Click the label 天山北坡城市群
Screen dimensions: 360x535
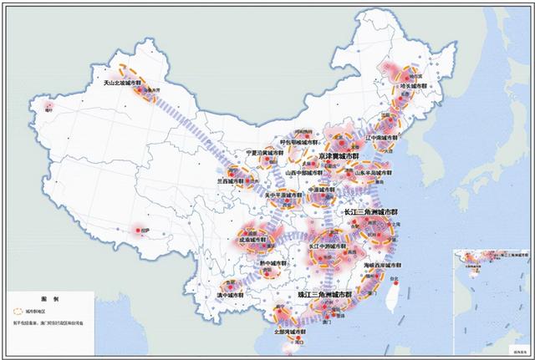(123, 83)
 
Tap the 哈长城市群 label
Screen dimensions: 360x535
(415, 85)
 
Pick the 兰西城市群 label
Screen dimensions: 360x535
(231, 180)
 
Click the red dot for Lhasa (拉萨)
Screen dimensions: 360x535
(135, 229)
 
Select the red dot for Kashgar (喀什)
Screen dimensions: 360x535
(48, 104)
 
